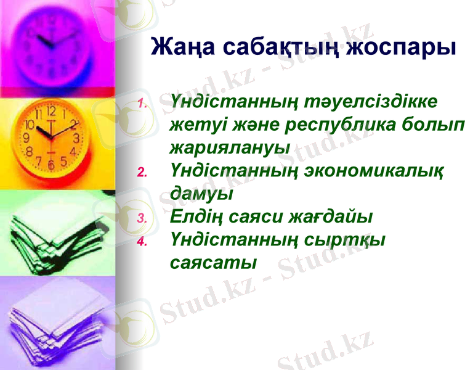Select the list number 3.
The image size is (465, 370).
141,218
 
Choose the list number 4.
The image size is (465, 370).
141,242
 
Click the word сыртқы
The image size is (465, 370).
346,239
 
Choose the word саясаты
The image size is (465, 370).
212,262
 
